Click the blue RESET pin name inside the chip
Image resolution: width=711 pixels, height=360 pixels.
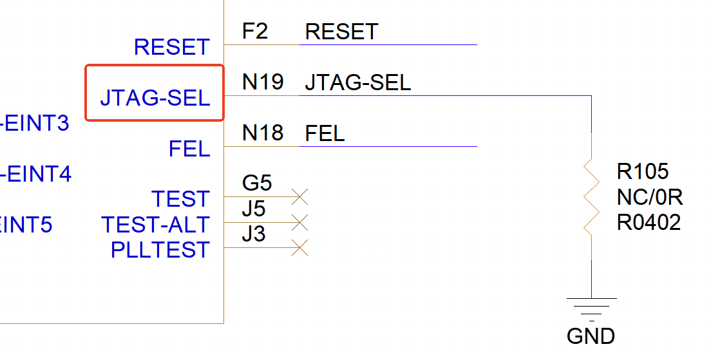click(x=172, y=47)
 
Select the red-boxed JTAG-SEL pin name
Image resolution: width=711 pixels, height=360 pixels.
click(x=155, y=98)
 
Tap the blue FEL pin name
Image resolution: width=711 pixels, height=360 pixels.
click(x=189, y=149)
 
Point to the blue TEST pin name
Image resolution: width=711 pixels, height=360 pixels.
click(x=180, y=199)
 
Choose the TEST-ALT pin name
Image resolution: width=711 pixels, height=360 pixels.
click(x=155, y=225)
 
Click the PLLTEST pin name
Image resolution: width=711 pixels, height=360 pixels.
click(x=160, y=249)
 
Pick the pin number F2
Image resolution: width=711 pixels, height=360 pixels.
click(x=255, y=32)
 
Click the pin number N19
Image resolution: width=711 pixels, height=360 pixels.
click(x=263, y=82)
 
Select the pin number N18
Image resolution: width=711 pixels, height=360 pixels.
click(x=263, y=133)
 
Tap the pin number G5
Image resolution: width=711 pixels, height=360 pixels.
click(x=257, y=184)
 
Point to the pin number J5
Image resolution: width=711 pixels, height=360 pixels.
click(x=254, y=209)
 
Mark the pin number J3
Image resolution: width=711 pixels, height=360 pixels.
click(x=254, y=234)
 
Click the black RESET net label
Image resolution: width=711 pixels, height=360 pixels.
click(x=341, y=32)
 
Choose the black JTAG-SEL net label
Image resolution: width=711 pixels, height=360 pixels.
click(x=357, y=82)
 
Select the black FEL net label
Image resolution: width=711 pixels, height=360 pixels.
click(x=325, y=133)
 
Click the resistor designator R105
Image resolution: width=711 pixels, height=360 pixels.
click(x=643, y=172)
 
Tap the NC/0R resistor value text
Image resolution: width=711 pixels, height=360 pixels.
click(x=649, y=197)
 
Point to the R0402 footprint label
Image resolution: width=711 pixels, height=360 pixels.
click(x=649, y=223)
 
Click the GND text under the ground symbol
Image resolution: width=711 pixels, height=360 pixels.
click(x=591, y=336)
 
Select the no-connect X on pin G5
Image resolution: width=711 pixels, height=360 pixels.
click(x=299, y=196)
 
